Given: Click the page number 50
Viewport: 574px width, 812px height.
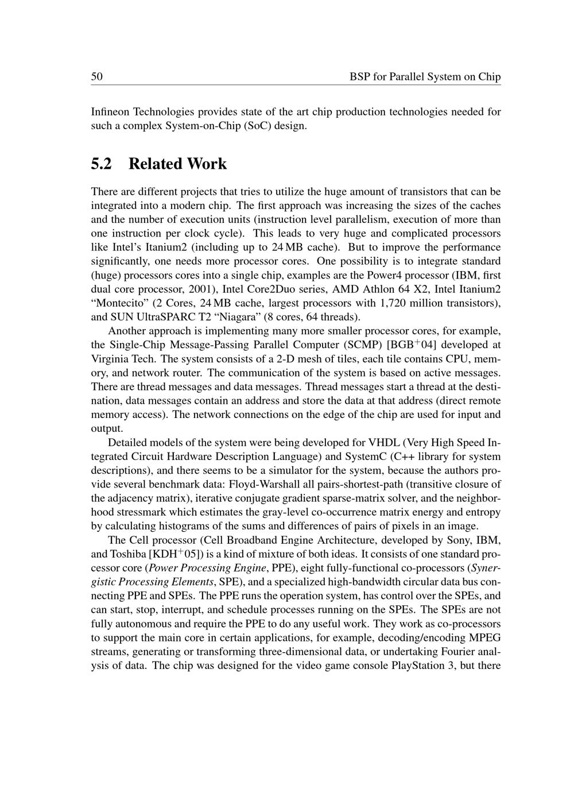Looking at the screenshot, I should pyautogui.click(x=96, y=77).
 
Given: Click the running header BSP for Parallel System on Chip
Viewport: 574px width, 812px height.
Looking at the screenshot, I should pyautogui.click(x=425, y=77).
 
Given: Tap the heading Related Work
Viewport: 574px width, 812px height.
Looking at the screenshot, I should pyautogui.click(x=177, y=164).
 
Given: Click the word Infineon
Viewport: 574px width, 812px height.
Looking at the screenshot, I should pyautogui.click(x=110, y=111).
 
